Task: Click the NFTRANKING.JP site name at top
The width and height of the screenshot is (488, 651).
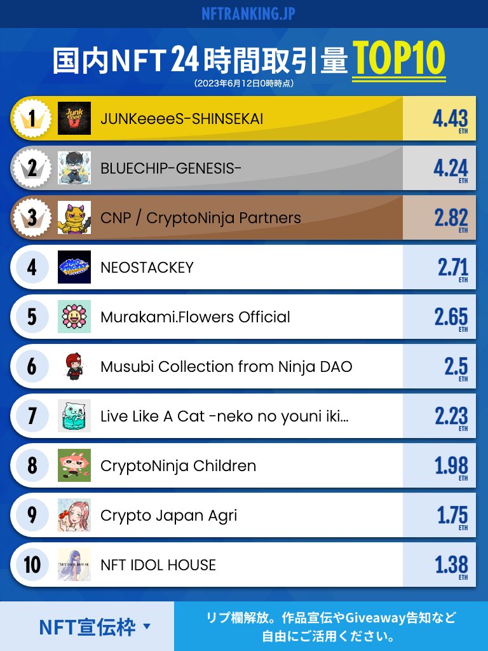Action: click(x=248, y=13)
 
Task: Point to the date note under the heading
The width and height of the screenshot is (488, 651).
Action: click(x=244, y=83)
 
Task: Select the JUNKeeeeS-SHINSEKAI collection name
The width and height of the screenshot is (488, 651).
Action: click(x=182, y=118)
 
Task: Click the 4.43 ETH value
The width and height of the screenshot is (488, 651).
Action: click(x=450, y=119)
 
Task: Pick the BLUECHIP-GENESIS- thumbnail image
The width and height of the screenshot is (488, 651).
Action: click(x=74, y=168)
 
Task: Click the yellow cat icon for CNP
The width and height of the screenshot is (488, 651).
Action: click(x=74, y=217)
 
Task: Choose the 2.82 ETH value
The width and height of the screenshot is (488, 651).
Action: click(x=451, y=218)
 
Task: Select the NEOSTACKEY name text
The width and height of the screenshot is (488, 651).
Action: click(x=147, y=267)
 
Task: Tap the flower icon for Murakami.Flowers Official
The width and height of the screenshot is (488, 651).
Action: click(x=74, y=317)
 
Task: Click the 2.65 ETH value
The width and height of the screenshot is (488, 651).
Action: click(x=451, y=317)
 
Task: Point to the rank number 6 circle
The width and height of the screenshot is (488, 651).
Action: click(x=32, y=366)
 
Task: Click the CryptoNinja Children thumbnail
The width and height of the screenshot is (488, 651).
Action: click(x=74, y=465)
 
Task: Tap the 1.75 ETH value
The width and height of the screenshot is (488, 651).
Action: click(x=452, y=516)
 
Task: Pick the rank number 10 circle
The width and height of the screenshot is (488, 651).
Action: click(x=32, y=565)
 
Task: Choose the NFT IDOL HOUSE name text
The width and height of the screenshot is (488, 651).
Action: click(x=158, y=565)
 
